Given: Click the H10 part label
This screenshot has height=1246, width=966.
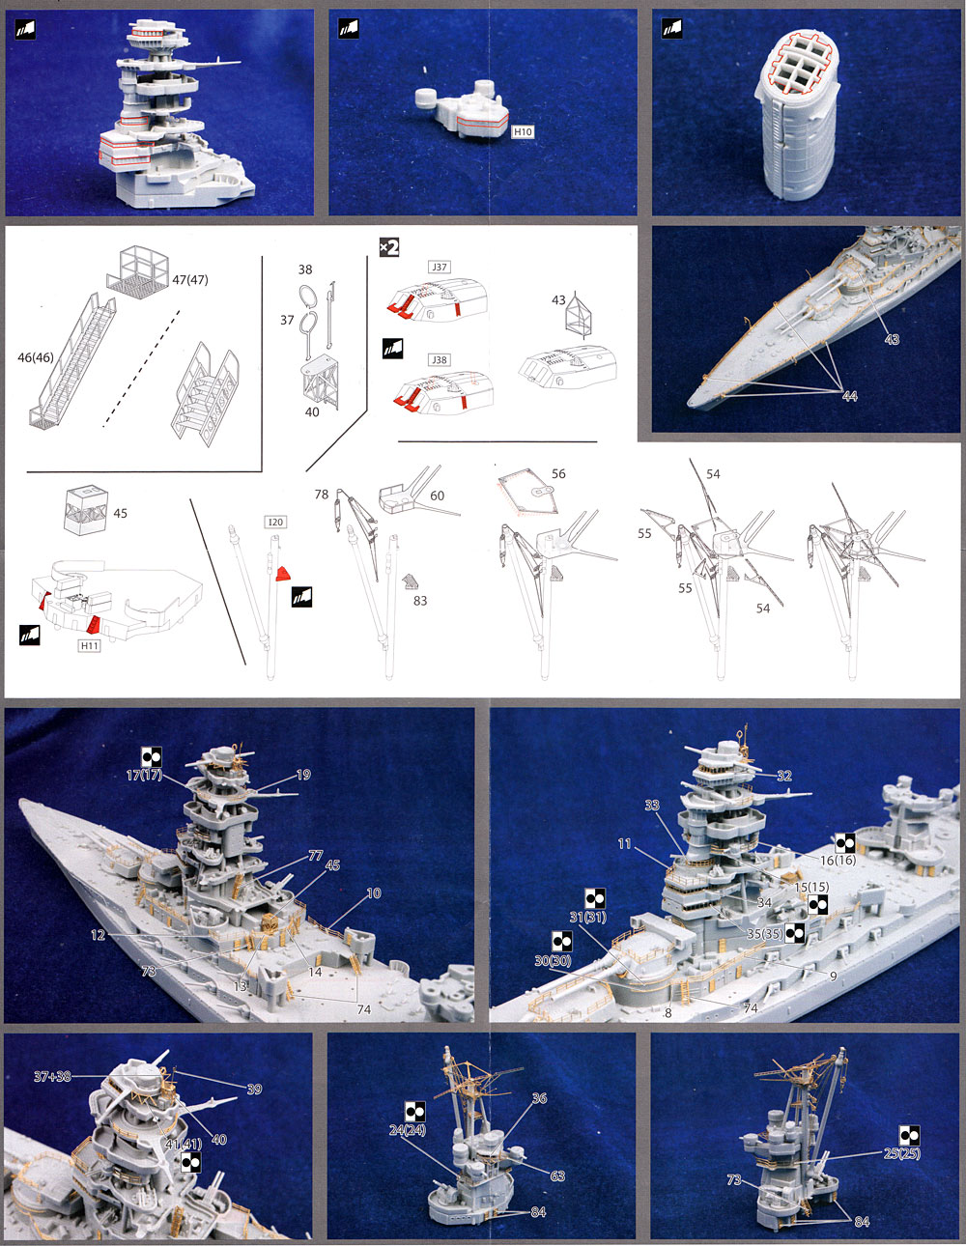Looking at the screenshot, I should coord(523,131).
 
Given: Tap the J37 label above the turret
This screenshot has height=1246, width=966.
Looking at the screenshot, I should coord(440,268).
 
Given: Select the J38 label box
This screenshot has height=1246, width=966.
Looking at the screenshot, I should coord(440,360).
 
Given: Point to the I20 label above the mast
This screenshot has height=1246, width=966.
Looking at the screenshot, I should coord(275,523).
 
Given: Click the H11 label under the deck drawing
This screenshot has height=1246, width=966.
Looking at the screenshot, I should coord(90,646).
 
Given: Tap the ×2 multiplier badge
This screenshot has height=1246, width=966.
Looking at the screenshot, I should coord(388,248).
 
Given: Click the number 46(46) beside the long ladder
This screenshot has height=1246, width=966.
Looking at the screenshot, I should coord(36,357).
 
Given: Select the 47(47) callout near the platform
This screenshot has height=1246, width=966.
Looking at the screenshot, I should coord(190,280).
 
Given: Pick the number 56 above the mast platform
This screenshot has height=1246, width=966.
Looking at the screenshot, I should coord(558,474).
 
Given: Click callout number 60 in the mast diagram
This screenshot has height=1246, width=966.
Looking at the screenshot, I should coord(437,496).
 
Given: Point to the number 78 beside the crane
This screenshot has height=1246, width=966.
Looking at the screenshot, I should coord(322,495).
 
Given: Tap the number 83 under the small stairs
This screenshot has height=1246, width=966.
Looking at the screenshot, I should coord(419,601).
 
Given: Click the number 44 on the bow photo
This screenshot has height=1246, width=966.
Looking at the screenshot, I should coord(849,396).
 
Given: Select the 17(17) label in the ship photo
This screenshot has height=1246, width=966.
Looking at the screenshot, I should coord(144,775).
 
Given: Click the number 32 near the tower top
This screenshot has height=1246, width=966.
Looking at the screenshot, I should coord(783,776).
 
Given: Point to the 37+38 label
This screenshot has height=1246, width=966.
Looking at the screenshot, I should coord(52,1076).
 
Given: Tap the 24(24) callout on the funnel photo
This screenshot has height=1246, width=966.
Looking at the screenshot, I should coord(408,1130).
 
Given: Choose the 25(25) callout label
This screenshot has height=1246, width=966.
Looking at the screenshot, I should coord(902,1153).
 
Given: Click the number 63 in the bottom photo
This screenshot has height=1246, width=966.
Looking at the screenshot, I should coord(557,1176).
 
